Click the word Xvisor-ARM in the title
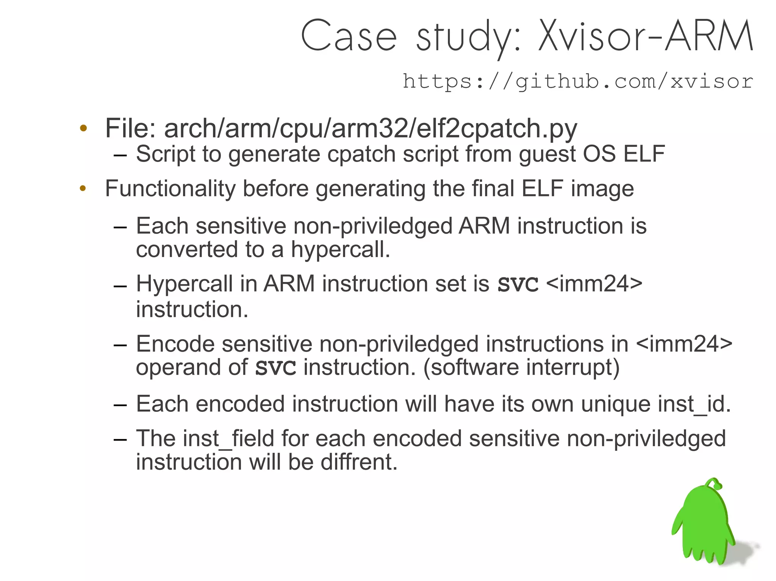click(x=645, y=36)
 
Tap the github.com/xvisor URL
click(x=578, y=81)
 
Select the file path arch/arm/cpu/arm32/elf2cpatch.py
click(x=371, y=128)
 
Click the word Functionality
click(x=170, y=188)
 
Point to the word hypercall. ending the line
click(x=340, y=250)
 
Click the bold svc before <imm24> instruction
click(x=518, y=283)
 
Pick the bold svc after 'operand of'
click(x=275, y=368)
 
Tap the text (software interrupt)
click(x=521, y=368)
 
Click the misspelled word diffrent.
click(x=359, y=462)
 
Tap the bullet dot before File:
click(x=83, y=128)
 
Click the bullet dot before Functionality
click(x=83, y=188)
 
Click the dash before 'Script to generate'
click(x=120, y=155)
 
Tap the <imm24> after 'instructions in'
click(x=684, y=344)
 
